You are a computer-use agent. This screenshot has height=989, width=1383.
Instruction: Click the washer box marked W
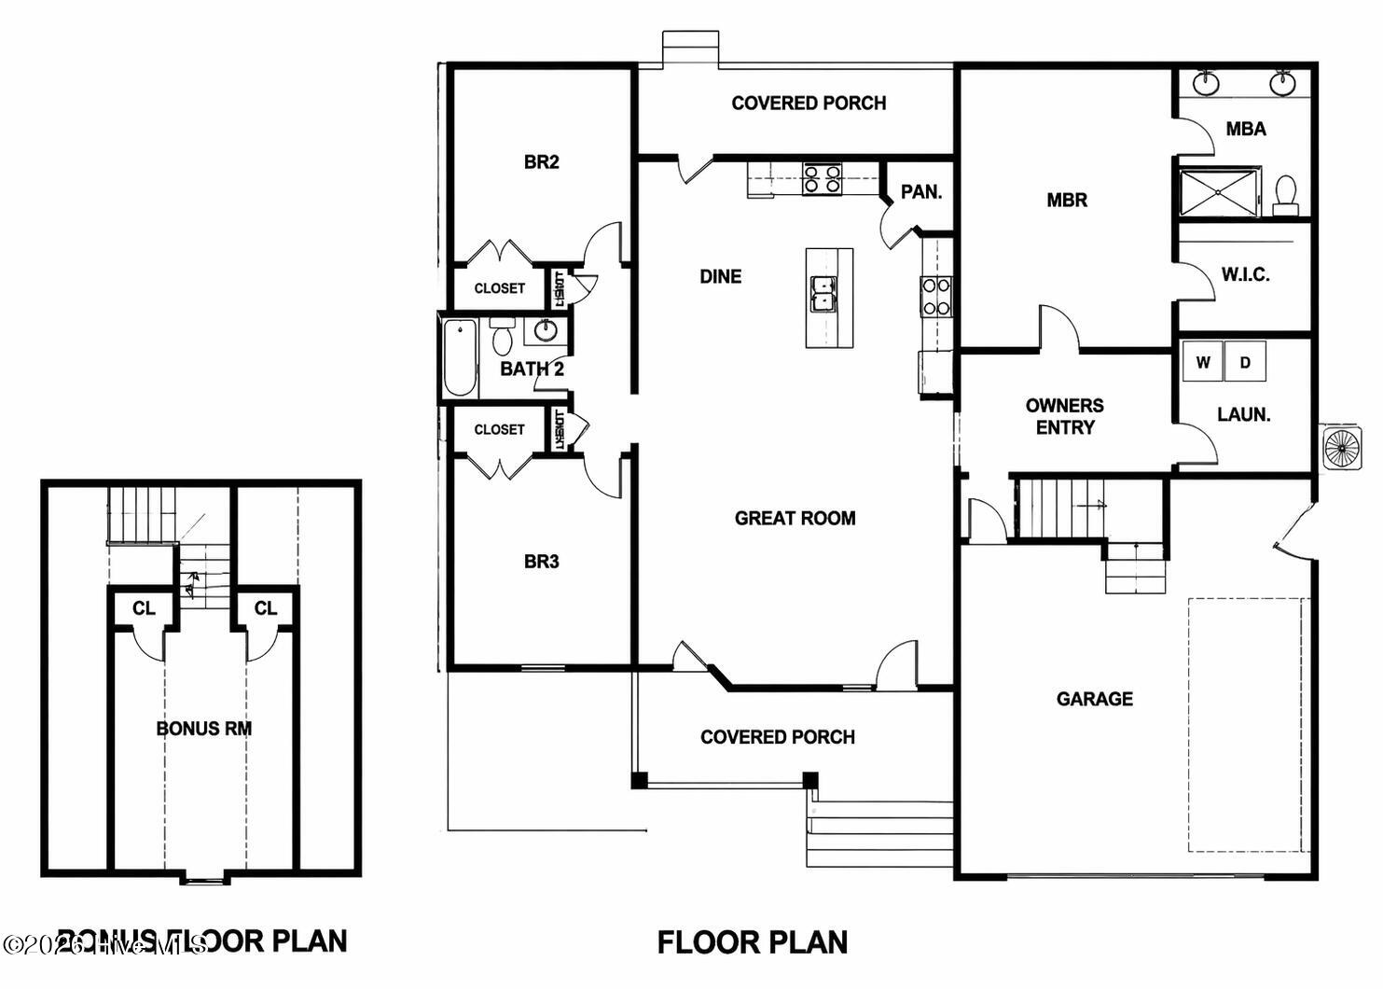click(x=1202, y=362)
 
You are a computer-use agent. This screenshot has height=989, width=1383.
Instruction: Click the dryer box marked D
click(x=1245, y=362)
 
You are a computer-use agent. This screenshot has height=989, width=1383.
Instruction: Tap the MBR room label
click(x=1067, y=200)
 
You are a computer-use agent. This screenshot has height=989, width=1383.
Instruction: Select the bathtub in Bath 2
click(x=460, y=358)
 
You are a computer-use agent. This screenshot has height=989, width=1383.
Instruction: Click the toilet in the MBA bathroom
click(x=1286, y=194)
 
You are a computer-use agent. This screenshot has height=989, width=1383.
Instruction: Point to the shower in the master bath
click(x=1220, y=192)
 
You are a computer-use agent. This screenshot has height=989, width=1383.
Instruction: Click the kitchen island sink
click(x=823, y=293)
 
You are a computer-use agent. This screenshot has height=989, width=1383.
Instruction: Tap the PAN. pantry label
click(x=920, y=192)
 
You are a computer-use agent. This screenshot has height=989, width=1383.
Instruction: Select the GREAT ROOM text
click(x=795, y=519)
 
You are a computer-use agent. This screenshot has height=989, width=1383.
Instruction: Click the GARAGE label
click(x=1094, y=699)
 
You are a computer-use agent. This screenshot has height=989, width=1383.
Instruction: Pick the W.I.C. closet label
click(x=1245, y=275)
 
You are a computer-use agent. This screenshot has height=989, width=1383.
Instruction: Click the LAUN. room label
click(x=1243, y=415)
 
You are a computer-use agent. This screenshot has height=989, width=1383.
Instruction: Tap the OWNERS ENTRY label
click(x=1064, y=416)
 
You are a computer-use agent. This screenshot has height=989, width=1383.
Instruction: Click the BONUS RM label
click(x=203, y=729)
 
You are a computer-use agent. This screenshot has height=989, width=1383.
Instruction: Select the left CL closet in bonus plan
click(x=143, y=609)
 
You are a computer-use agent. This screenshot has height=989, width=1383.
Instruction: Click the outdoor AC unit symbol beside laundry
click(x=1342, y=448)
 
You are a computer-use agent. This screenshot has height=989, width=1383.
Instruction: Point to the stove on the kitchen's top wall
click(x=823, y=178)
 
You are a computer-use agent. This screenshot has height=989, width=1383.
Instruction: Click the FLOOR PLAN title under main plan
click(x=752, y=942)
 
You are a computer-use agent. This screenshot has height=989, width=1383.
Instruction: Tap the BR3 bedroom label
click(x=541, y=562)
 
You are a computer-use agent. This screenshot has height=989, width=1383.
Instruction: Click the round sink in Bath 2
click(x=546, y=331)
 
